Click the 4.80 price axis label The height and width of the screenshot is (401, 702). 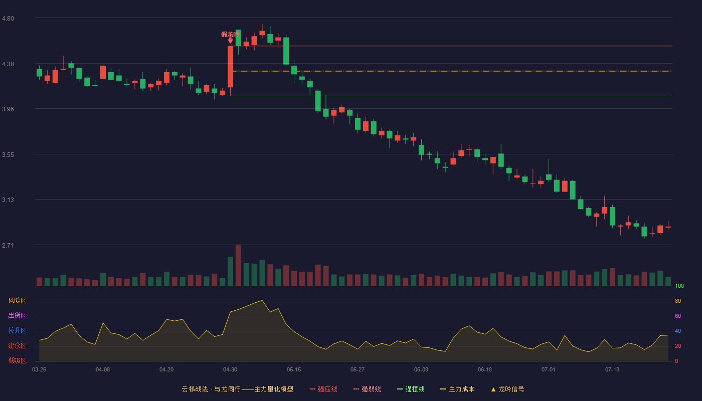point(8,19)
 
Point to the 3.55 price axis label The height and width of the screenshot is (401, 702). point(8,155)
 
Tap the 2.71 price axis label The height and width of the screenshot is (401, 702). point(8,245)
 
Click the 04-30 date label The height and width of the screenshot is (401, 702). point(230,370)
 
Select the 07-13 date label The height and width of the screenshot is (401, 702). point(612,370)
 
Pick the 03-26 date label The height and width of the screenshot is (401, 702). point(39,370)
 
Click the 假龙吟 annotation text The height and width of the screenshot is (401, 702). point(230,34)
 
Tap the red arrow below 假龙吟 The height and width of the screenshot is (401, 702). point(230,41)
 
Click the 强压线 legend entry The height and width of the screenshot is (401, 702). point(323,389)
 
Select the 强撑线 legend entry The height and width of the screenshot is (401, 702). point(411,389)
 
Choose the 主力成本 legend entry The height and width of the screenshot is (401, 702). point(457,389)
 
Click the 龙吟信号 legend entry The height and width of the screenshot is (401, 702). point(507,389)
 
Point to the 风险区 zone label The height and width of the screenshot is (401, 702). point(17,301)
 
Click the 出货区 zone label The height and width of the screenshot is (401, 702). point(17,315)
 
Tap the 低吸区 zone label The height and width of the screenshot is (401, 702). point(17,360)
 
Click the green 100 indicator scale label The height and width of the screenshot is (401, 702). point(679,286)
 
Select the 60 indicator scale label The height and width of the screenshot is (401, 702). point(678,316)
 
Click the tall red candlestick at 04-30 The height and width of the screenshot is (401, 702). point(230,66)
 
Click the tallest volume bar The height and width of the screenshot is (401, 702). point(238,265)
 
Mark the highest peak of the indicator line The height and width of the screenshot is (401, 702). point(262,300)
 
